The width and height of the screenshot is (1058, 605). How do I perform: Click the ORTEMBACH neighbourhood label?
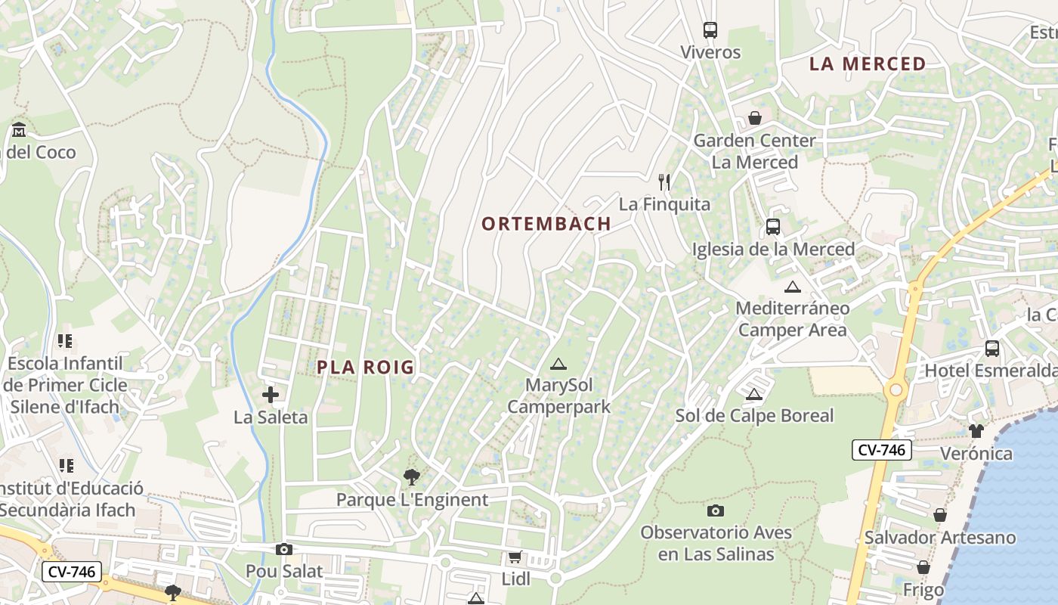click(546, 224)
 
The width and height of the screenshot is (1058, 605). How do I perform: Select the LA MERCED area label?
click(868, 64)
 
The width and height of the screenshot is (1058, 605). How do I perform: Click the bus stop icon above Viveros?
click(710, 30)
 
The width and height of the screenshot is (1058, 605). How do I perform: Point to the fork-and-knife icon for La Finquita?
click(664, 182)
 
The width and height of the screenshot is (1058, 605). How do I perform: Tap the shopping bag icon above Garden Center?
click(754, 118)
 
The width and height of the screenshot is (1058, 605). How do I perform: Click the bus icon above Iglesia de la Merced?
click(772, 227)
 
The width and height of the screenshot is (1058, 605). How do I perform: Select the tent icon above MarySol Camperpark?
click(558, 364)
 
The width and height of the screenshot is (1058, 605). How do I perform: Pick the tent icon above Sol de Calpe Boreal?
click(753, 394)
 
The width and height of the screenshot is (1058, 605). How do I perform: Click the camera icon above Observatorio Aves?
click(715, 510)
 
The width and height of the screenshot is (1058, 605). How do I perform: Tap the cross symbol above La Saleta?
click(270, 395)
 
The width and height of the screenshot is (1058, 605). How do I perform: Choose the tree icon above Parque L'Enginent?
click(412, 477)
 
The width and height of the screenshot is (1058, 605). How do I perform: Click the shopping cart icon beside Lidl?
click(515, 557)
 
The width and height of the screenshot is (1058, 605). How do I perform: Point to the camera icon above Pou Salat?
click(284, 549)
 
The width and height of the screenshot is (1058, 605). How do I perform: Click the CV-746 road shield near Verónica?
click(881, 450)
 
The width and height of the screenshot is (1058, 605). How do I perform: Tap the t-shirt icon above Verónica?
click(976, 431)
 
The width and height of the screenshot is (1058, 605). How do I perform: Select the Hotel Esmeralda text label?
click(990, 371)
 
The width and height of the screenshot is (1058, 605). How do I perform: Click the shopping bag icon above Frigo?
click(923, 567)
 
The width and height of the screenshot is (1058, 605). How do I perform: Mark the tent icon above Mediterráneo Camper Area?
click(792, 287)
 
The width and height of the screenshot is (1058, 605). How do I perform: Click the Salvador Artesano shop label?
click(940, 538)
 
